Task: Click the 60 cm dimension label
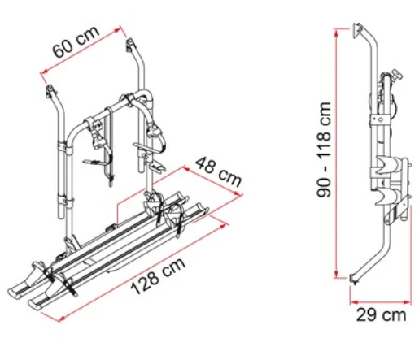(x=76, y=41)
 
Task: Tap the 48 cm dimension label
(x=218, y=172)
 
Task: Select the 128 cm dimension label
(x=158, y=276)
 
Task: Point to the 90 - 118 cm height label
(x=324, y=150)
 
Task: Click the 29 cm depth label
(x=381, y=314)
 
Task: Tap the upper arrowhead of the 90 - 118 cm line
(x=336, y=33)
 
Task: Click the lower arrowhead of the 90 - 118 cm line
(x=336, y=274)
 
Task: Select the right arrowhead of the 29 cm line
(x=408, y=302)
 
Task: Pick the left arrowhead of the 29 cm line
(x=354, y=302)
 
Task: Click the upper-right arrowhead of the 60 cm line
(x=117, y=30)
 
